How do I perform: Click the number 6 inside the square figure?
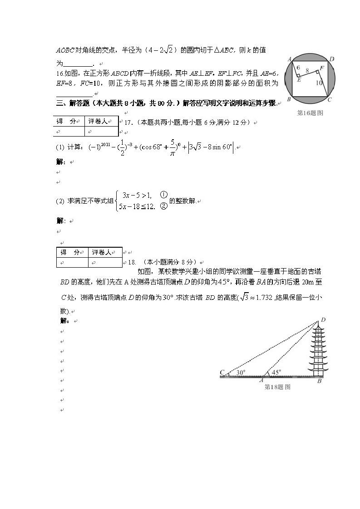point(298,68)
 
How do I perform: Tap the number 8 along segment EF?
point(307,71)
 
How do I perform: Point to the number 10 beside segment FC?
point(320,83)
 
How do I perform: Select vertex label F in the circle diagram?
point(322,68)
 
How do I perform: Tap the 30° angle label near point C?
point(241,372)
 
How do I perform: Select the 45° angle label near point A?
point(276,372)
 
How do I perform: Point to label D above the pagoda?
point(323,320)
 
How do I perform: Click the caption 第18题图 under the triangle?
point(277,387)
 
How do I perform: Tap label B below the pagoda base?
point(319,382)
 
